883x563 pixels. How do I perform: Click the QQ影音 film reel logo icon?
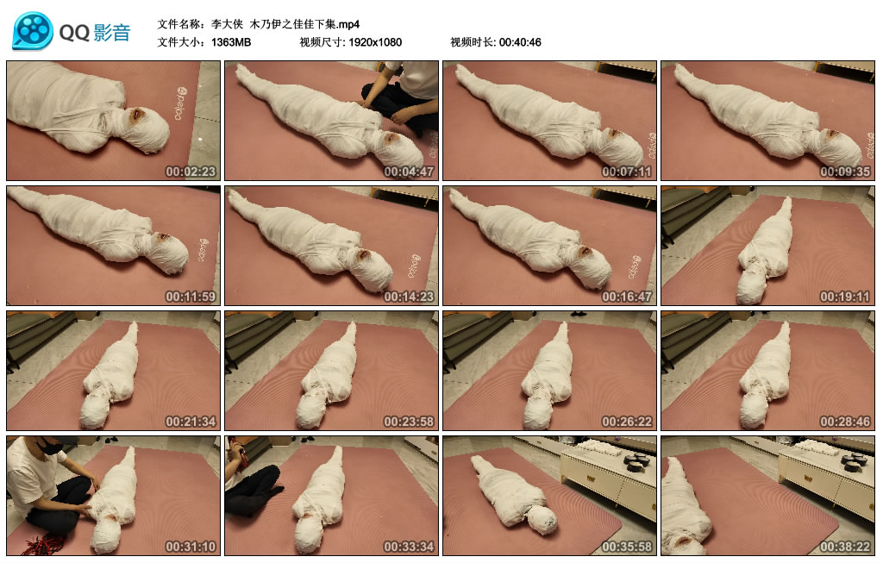point(33,31)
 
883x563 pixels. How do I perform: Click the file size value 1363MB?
point(231,42)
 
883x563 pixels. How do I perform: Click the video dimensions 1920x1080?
point(375,42)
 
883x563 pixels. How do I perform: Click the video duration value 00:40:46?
point(520,42)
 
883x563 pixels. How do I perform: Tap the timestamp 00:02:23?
point(190,172)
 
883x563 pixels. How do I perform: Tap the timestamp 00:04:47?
point(408,172)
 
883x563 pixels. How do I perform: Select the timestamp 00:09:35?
point(844,172)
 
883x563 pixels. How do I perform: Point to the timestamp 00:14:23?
point(408,297)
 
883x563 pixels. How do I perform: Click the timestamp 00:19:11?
point(844,297)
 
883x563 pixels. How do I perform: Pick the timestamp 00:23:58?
point(408,422)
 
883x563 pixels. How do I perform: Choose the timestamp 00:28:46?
point(844,422)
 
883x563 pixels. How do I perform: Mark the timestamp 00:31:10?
point(190,547)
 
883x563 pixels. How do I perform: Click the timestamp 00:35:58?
point(626,547)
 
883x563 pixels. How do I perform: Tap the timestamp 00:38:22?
point(844,547)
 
